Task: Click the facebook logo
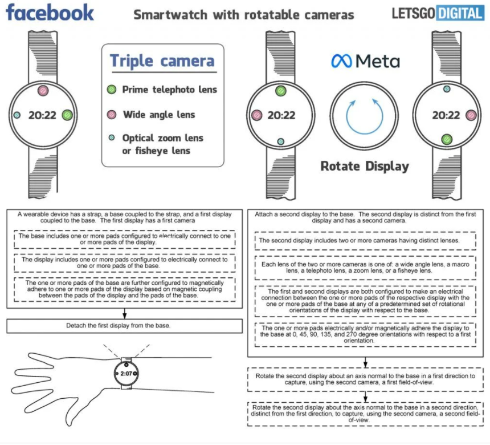pyautogui.click(x=50, y=13)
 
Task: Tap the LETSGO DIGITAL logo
pyautogui.click(x=438, y=13)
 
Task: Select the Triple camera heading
pyautogui.click(x=162, y=60)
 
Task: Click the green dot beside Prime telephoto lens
pyautogui.click(x=112, y=90)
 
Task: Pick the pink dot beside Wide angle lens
pyautogui.click(x=112, y=115)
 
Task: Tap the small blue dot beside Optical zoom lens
pyautogui.click(x=112, y=137)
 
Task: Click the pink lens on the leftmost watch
pyautogui.click(x=43, y=91)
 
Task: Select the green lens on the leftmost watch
pyautogui.click(x=67, y=115)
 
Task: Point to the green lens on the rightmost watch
pyautogui.click(x=447, y=139)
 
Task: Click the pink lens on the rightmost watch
pyautogui.click(x=471, y=115)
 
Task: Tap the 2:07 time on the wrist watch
pyautogui.click(x=126, y=373)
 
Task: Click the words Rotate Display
pyautogui.click(x=365, y=166)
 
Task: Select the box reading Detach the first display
pyautogui.click(x=124, y=326)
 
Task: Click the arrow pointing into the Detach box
pyautogui.click(x=124, y=314)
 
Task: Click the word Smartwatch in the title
pyautogui.click(x=170, y=15)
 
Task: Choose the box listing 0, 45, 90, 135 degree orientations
pyautogui.click(x=365, y=334)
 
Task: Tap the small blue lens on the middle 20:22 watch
pyautogui.click(x=281, y=141)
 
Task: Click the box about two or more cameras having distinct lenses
pyautogui.click(x=365, y=241)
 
